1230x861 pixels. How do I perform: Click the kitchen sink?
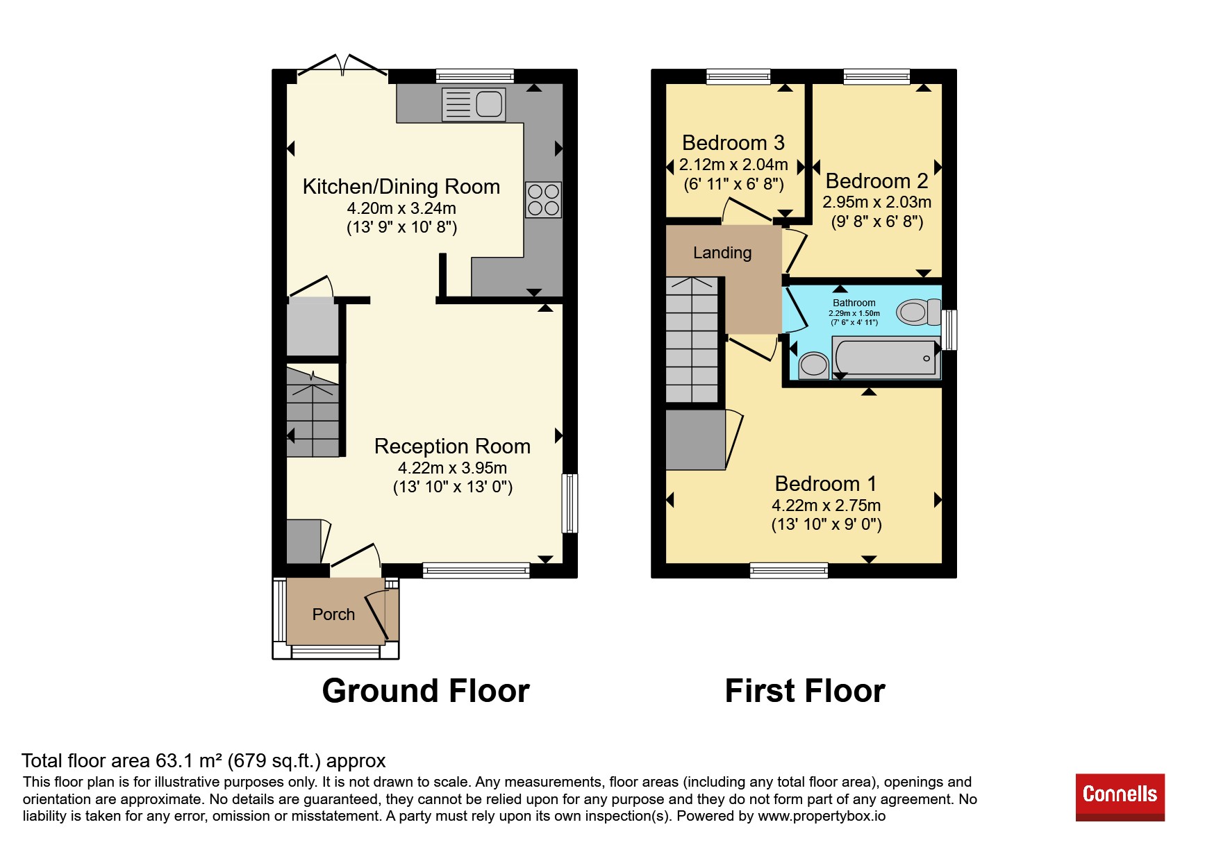474,104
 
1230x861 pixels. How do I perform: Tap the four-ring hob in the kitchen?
543,199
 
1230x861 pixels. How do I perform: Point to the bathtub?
886,358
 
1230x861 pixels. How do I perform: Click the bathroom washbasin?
813,365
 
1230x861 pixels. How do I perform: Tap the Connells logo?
1120,796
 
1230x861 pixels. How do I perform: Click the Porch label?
333,615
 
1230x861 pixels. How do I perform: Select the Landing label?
722,253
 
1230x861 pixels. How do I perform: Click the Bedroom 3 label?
733,142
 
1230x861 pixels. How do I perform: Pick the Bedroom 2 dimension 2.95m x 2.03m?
877,202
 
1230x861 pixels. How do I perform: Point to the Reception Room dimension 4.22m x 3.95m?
452,468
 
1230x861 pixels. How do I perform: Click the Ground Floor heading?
426,691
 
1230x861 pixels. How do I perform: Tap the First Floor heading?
805,691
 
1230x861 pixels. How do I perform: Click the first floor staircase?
692,340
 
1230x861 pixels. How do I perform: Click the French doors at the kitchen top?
342,65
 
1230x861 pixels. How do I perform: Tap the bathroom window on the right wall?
949,330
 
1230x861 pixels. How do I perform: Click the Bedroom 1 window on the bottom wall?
789,571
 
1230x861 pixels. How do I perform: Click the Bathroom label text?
854,303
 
